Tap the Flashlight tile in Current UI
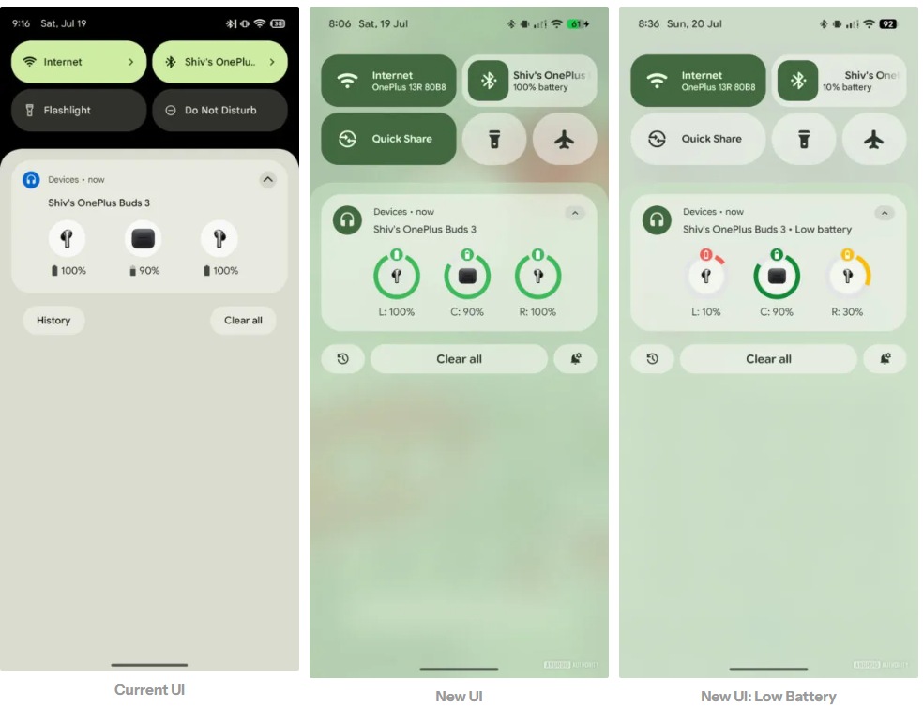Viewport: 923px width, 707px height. pyautogui.click(x=79, y=110)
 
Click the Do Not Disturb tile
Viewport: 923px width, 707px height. pyautogui.click(x=219, y=110)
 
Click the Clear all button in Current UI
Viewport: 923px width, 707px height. pyautogui.click(x=243, y=321)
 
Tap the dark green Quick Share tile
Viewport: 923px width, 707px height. pyautogui.click(x=388, y=139)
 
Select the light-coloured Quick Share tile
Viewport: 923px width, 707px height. pyautogui.click(x=698, y=139)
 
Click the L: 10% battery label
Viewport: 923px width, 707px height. pyautogui.click(x=705, y=312)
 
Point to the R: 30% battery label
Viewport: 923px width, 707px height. pyautogui.click(x=847, y=312)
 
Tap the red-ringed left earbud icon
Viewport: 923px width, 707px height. pyautogui.click(x=705, y=275)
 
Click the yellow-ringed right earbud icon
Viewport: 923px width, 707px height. pyautogui.click(x=848, y=275)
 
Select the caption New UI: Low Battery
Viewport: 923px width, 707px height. pyautogui.click(x=768, y=697)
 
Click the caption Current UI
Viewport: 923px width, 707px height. pyautogui.click(x=149, y=690)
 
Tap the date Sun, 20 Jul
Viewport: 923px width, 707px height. pyautogui.click(x=694, y=24)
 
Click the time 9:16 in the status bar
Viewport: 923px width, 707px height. pyautogui.click(x=22, y=23)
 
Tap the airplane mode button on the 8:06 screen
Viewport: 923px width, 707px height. pyautogui.click(x=565, y=140)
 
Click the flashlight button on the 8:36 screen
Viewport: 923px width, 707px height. pyautogui.click(x=804, y=140)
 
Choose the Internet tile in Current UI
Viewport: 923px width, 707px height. pyautogui.click(x=79, y=62)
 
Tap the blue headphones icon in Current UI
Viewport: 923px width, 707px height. pyautogui.click(x=31, y=179)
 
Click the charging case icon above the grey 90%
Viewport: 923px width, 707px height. pyautogui.click(x=143, y=238)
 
